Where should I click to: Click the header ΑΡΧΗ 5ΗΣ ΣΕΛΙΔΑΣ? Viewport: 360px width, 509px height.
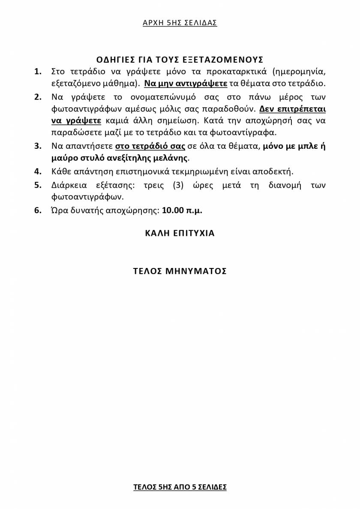(x=180, y=23)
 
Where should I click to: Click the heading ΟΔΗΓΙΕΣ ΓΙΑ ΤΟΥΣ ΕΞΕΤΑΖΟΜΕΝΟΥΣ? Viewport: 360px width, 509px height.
(x=180, y=60)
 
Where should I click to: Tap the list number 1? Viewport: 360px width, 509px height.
(x=38, y=71)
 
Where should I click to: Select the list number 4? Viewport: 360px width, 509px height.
(x=38, y=172)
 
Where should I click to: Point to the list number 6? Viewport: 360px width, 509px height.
(x=38, y=211)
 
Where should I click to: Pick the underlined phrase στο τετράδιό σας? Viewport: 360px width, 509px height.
(x=150, y=146)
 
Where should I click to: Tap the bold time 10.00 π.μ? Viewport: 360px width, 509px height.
(x=182, y=211)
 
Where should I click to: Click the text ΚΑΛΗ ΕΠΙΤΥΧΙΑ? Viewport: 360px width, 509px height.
(x=180, y=233)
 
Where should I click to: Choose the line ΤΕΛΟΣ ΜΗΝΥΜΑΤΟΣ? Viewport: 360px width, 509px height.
(x=180, y=271)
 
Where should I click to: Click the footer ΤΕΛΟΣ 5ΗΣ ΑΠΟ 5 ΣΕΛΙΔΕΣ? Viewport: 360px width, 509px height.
(x=180, y=487)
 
